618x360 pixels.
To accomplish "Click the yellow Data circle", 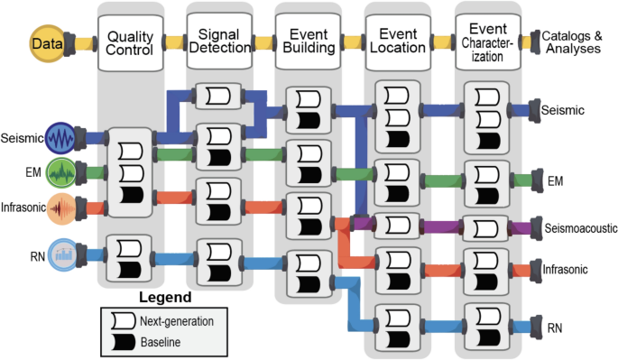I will pos(42,42).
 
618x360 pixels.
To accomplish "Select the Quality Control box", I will pos(129,42).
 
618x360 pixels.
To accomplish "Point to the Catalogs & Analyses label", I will pos(571,42).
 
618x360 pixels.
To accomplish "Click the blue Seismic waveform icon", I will pos(63,139).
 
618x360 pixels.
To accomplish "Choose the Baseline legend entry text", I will pos(164,341).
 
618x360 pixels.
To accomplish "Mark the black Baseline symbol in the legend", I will pos(120,341).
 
